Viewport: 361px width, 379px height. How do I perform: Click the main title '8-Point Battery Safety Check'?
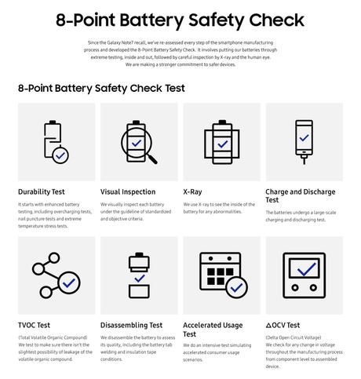pos(180,19)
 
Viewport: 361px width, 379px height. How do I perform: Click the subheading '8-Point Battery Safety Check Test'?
pos(101,88)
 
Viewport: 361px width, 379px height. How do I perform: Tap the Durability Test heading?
pos(42,191)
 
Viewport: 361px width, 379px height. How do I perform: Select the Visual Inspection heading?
pos(128,191)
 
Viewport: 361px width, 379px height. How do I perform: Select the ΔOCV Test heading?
pos(283,325)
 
